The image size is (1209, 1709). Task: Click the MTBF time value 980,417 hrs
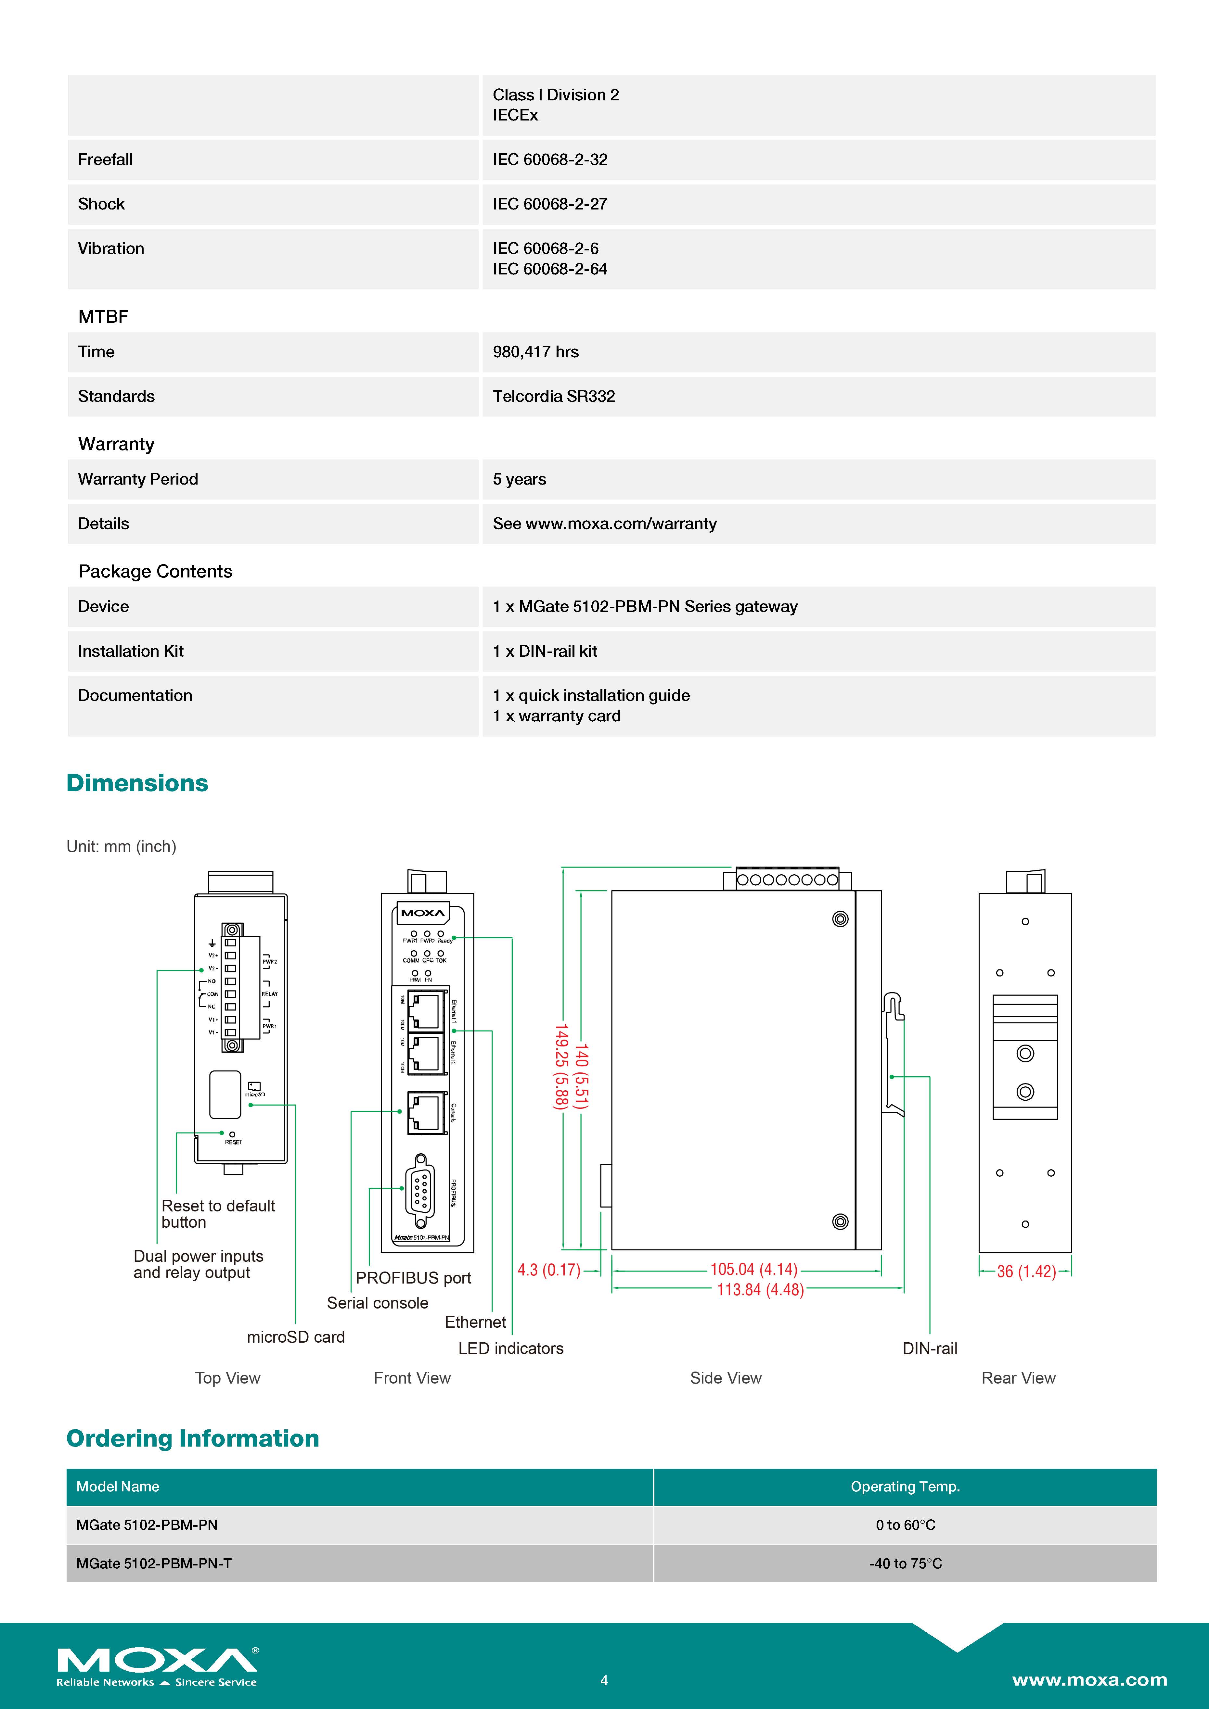coord(535,352)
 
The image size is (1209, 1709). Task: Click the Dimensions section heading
coord(137,783)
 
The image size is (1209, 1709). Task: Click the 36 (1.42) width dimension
coord(1026,1271)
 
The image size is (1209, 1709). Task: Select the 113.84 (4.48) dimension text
coord(760,1290)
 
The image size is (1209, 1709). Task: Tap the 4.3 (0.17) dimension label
coord(549,1270)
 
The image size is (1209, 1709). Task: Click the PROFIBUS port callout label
coord(413,1278)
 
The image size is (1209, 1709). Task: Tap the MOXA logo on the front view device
coord(423,913)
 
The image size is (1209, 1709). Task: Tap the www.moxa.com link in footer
coord(1089,1680)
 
